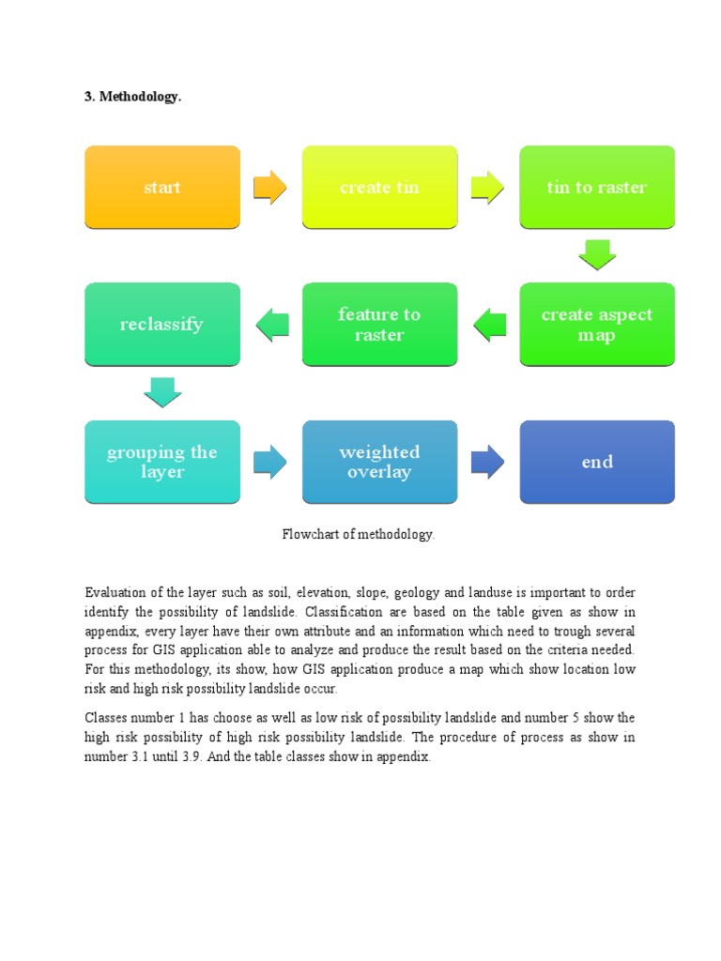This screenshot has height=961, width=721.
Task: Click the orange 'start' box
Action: click(x=161, y=187)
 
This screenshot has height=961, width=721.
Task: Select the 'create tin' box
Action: click(x=379, y=187)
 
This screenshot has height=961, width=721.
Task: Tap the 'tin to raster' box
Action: click(x=597, y=187)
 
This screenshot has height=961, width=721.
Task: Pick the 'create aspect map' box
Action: click(x=597, y=324)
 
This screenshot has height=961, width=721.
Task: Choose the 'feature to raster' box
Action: click(x=379, y=324)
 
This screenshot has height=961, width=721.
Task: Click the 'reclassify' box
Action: click(x=161, y=324)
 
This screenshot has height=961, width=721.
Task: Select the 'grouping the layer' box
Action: click(x=161, y=461)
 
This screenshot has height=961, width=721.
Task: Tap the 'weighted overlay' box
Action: click(x=379, y=461)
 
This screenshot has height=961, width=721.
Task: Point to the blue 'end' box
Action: click(x=597, y=461)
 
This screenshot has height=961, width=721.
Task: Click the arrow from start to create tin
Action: click(x=270, y=187)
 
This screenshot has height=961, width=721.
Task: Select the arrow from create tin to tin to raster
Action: click(x=487, y=187)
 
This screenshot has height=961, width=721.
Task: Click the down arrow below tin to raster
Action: click(x=597, y=254)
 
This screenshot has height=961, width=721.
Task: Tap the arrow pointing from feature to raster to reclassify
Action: click(x=271, y=325)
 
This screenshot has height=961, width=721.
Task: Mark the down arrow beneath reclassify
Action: click(x=161, y=392)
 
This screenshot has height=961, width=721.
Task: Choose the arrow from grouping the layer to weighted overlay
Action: click(x=270, y=461)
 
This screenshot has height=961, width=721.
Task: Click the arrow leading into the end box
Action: click(x=487, y=461)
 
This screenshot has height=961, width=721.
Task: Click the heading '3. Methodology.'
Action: click(x=132, y=98)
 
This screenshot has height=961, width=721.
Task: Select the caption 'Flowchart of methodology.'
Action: click(x=359, y=534)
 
